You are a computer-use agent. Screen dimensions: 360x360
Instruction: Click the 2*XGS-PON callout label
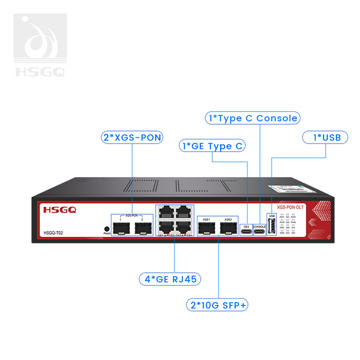(x=132, y=137)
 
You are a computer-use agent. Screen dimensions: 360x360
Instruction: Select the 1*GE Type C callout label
(x=213, y=146)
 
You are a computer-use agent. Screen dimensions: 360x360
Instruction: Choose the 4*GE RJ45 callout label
(x=171, y=278)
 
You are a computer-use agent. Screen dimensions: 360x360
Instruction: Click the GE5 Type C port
(x=246, y=229)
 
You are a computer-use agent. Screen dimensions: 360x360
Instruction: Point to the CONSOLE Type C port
(x=259, y=229)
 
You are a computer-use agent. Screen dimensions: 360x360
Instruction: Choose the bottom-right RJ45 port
(x=183, y=227)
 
